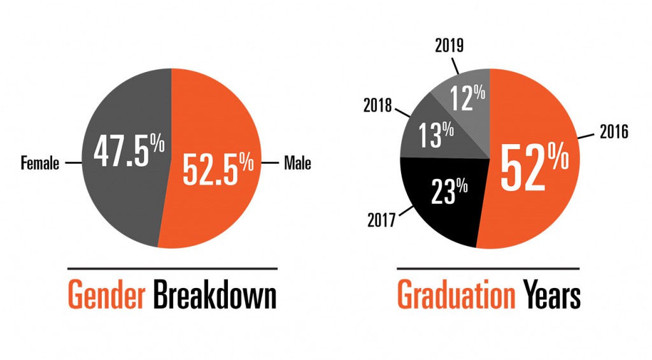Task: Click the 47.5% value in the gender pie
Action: pos(129,151)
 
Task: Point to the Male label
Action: pos(297,164)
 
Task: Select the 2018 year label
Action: pos(378,106)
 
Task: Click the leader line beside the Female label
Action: pos(72,164)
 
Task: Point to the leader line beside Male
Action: pos(271,164)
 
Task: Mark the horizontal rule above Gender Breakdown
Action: pos(172,268)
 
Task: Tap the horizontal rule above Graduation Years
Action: pos(488,268)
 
